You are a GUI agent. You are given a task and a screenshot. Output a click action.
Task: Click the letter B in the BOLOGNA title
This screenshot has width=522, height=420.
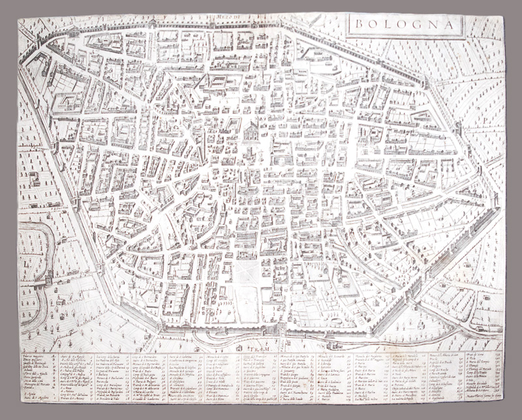356,27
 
